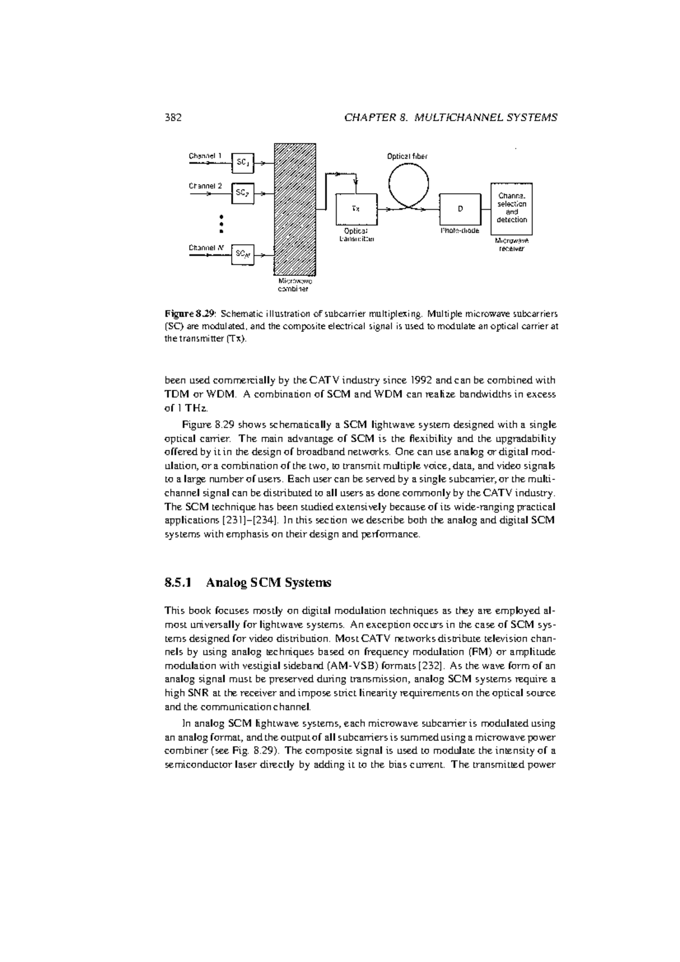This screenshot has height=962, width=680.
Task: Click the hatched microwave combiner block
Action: [295, 210]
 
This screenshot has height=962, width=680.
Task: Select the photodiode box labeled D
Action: [460, 209]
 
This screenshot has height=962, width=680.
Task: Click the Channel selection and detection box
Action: [512, 209]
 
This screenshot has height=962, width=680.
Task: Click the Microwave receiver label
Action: [512, 245]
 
